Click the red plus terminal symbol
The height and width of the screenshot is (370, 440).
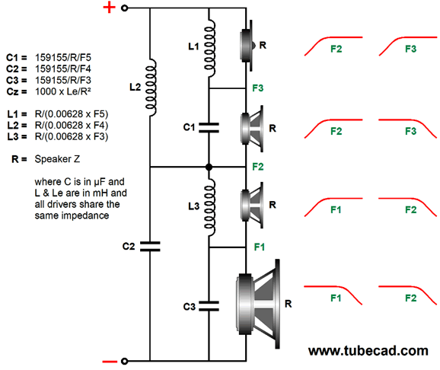(109, 8)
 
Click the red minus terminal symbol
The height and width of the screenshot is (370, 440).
(110, 362)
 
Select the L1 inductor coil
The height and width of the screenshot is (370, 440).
(210, 48)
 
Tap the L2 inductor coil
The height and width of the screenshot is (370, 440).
(151, 88)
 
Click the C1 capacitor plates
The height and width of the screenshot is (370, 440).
(209, 127)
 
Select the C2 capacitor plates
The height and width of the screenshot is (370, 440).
(150, 247)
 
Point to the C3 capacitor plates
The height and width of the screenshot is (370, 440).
(209, 306)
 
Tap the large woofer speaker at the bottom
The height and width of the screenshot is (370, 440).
(258, 304)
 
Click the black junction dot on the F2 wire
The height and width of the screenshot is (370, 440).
(209, 167)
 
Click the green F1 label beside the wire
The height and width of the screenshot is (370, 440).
(260, 247)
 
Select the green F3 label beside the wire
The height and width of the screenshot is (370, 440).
(258, 88)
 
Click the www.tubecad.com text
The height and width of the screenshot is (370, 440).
(368, 351)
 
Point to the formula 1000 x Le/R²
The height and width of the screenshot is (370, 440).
(63, 91)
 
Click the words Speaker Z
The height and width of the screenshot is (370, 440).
(57, 159)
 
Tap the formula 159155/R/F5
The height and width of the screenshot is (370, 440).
(63, 58)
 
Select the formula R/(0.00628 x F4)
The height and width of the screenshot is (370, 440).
(72, 125)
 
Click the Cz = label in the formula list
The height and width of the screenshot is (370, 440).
(17, 91)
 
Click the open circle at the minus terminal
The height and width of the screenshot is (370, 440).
(124, 362)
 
